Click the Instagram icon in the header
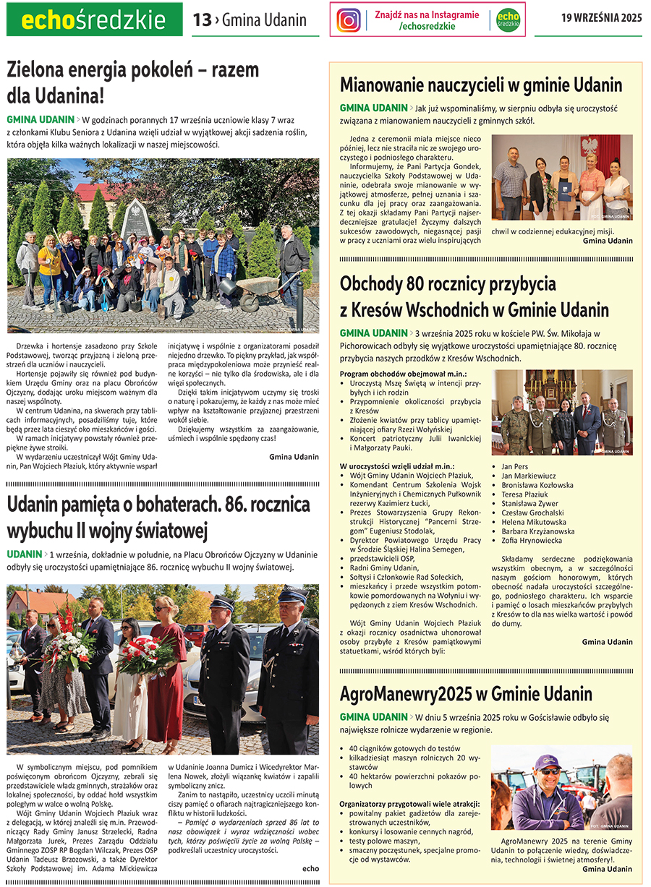349,20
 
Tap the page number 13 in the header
202,20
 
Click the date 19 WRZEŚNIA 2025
601,19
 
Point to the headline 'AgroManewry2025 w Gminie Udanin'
466,694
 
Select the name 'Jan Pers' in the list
515,466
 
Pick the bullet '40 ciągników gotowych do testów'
405,748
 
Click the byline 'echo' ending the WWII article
310,868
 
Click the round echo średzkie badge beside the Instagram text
509,20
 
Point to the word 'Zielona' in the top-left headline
37,69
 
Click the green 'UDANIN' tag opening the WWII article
24,554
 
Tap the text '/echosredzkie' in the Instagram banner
427,26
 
